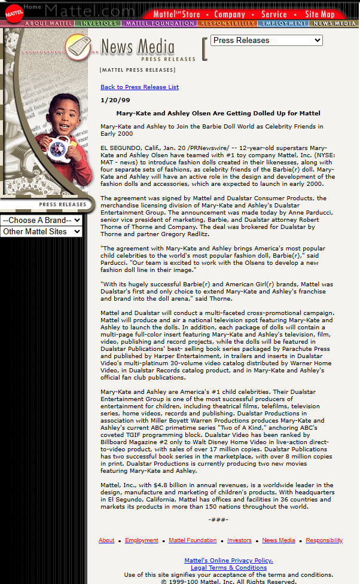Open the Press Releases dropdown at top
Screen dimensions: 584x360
(266, 41)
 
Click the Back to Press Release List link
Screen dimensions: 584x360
(139, 87)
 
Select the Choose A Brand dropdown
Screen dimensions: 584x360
(41, 220)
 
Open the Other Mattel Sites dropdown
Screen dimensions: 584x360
(41, 231)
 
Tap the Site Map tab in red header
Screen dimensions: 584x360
(319, 14)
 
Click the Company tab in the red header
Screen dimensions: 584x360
(230, 14)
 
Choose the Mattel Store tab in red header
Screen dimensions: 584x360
(176, 14)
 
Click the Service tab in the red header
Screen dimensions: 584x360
(274, 14)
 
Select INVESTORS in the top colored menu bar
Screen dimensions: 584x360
(99, 24)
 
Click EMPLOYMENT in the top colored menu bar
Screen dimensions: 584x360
(283, 24)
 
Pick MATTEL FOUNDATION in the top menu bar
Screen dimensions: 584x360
(159, 24)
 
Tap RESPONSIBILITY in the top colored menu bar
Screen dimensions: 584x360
(227, 24)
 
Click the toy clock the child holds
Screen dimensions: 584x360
(60, 146)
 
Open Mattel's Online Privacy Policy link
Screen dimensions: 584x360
(228, 561)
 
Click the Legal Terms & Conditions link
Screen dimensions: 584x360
(228, 568)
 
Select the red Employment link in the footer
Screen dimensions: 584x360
(142, 540)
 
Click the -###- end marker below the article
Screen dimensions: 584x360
(218, 520)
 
